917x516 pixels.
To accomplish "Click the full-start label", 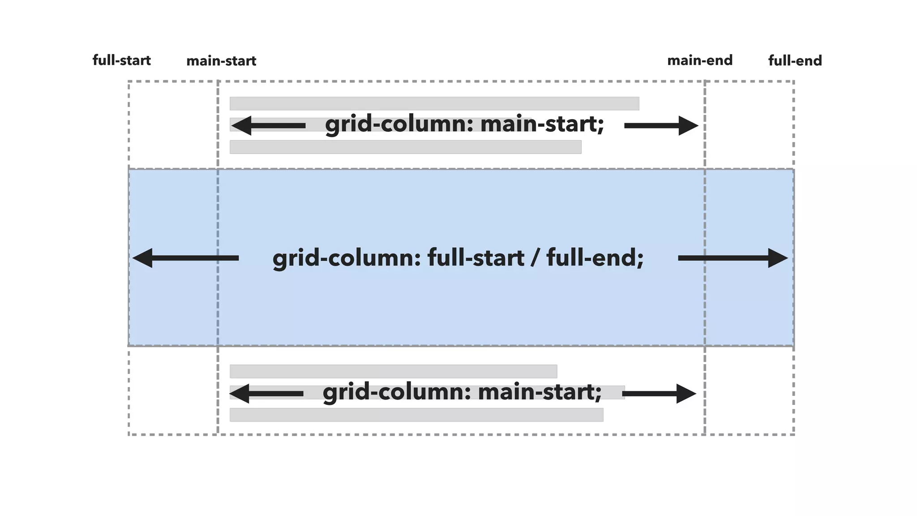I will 121,60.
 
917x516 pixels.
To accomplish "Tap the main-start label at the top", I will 221,61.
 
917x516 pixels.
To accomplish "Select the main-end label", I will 700,60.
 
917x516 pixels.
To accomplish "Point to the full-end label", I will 795,61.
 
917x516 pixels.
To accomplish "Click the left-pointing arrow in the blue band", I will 185,258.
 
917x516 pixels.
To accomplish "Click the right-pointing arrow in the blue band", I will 733,258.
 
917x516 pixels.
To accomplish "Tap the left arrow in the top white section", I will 268,125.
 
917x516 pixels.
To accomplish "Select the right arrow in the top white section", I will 661,125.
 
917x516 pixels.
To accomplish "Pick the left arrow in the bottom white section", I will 266,394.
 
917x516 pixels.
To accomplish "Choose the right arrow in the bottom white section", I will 659,394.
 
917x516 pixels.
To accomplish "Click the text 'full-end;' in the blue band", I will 595,258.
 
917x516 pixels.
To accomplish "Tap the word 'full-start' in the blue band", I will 476,258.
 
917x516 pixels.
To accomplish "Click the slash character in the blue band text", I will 536,258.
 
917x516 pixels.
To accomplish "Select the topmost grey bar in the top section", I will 434,103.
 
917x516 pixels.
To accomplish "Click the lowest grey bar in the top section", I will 405,147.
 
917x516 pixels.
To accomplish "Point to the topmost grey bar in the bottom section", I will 393,371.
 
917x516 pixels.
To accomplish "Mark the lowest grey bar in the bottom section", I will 416,415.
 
